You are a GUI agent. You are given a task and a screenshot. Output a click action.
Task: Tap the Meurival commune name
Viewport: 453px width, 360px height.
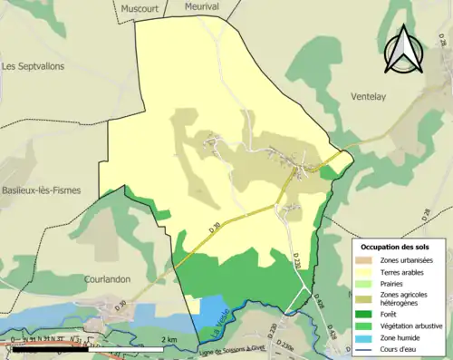(x=202, y=6)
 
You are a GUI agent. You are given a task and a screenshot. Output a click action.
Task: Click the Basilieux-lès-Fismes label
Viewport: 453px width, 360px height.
(x=41, y=190)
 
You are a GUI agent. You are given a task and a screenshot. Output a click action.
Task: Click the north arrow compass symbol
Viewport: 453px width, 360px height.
(x=405, y=50)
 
